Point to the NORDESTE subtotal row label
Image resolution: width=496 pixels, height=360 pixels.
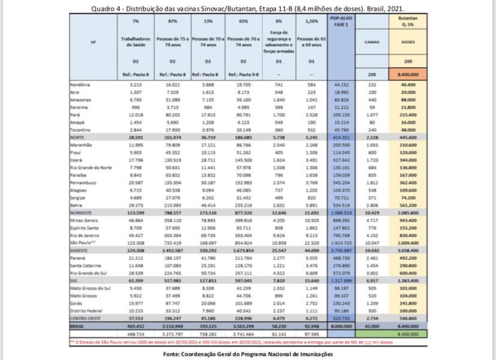tap(81, 213)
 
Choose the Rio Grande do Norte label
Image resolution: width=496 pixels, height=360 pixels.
tap(89, 168)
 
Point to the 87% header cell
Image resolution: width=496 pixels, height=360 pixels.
tap(172, 21)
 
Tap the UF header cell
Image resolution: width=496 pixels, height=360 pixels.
tap(92, 42)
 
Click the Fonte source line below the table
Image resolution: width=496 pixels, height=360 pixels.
tap(247, 354)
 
